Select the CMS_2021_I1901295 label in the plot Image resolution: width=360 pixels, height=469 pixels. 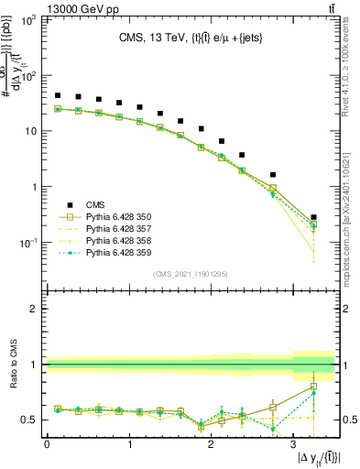click(x=190, y=274)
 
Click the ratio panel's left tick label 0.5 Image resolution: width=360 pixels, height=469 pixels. click(x=28, y=420)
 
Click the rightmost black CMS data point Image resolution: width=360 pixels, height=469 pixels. click(x=313, y=217)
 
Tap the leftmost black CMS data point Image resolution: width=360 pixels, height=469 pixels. click(x=58, y=95)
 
